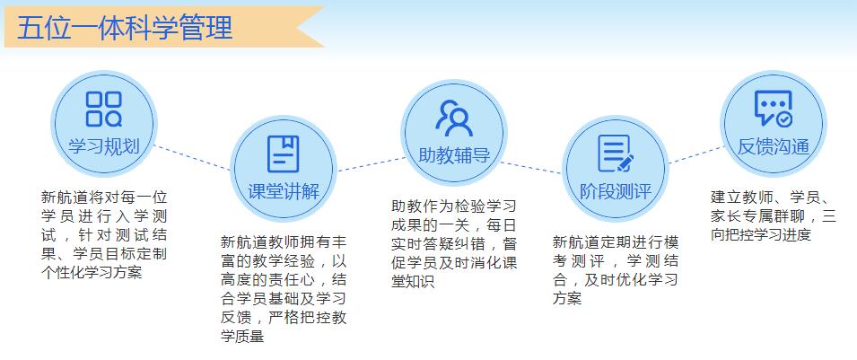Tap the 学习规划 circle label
click(x=104, y=146)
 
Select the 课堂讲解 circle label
click(x=284, y=191)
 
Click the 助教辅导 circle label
click(x=454, y=156)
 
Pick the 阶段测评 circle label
click(x=616, y=191)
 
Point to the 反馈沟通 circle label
click(x=774, y=146)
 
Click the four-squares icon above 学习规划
click(x=104, y=109)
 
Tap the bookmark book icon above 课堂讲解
click(x=283, y=154)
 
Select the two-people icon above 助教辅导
click(x=454, y=119)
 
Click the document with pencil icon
click(x=616, y=154)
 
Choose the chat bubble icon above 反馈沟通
click(x=774, y=109)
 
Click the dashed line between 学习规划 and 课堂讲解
click(x=192, y=158)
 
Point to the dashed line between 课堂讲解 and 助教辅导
click(x=372, y=164)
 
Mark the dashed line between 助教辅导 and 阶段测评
click(x=530, y=167)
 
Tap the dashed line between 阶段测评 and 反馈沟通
click(x=697, y=154)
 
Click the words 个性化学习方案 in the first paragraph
click(x=92, y=272)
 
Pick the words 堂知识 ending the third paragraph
click(x=413, y=281)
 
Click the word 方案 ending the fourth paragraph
click(x=567, y=298)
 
